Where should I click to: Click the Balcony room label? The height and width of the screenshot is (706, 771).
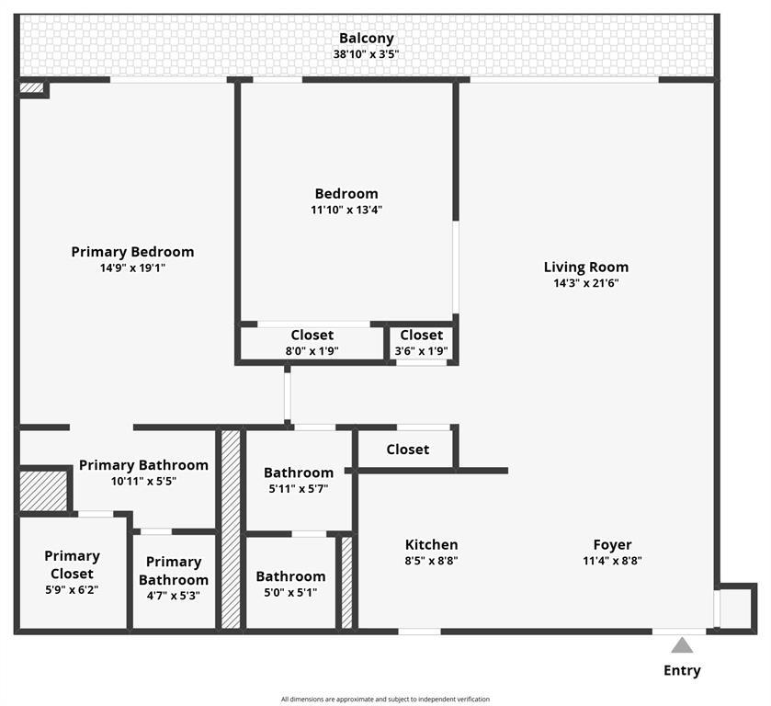pos(366,39)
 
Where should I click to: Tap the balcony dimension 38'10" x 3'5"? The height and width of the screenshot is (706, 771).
pos(366,54)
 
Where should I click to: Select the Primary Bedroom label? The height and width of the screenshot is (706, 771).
pos(132,252)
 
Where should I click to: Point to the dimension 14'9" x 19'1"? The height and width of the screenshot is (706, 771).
pos(132,268)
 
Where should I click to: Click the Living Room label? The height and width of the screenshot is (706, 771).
pos(585,268)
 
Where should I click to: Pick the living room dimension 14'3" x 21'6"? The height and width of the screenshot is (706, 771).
pos(585,283)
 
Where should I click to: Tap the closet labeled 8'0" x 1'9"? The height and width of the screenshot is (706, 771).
pos(312,350)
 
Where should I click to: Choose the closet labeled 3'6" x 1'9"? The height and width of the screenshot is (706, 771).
pos(421,350)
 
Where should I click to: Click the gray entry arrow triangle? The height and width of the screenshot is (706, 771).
pos(681,645)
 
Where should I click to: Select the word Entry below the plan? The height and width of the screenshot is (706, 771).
pos(682,670)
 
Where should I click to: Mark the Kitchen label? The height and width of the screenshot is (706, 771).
pos(431,545)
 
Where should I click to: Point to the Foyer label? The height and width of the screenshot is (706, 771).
pos(612,545)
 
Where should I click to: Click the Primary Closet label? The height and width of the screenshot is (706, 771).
pos(72,564)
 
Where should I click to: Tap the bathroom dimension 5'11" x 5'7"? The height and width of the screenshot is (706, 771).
pos(299,489)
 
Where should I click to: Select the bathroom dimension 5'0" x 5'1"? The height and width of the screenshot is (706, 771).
pos(290,593)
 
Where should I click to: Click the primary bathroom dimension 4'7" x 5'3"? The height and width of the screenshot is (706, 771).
pos(174,596)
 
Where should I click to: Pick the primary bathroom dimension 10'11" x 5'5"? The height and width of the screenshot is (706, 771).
pos(143,481)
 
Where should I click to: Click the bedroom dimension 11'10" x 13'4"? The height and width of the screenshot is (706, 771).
pos(346,210)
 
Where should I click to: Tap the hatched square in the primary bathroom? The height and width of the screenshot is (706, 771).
pos(43,491)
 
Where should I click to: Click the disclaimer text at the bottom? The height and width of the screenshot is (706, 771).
pos(385,700)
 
